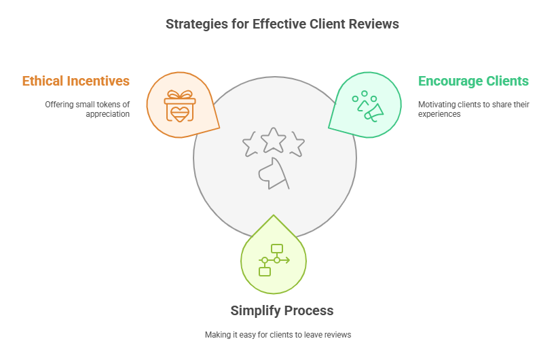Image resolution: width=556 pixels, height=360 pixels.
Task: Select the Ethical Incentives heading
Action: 76,81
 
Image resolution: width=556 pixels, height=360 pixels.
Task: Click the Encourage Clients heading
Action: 473,81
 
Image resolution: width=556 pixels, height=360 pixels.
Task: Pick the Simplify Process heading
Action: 282,310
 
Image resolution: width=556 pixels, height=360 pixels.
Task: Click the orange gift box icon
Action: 180,106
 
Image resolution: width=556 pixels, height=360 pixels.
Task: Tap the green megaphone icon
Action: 368,107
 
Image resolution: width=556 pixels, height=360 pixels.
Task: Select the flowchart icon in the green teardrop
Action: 274,260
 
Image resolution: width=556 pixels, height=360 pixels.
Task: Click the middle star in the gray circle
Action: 274,140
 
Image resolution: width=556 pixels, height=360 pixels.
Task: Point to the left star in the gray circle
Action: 250,145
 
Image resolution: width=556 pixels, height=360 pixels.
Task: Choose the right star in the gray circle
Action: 297,145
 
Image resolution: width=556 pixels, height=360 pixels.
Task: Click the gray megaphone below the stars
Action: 274,174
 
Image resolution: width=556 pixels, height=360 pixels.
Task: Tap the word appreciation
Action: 107,114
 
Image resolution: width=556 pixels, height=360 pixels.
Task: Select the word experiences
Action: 439,114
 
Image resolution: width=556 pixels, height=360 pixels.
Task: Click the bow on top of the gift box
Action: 180,94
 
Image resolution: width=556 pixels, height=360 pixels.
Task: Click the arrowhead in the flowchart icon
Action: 288,260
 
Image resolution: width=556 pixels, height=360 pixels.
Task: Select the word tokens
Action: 109,105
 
